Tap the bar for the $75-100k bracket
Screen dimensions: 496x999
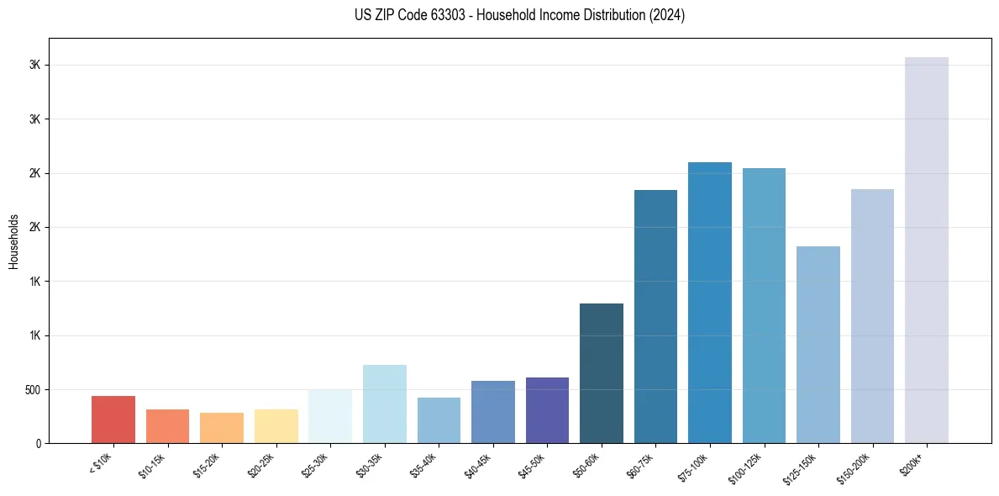[710, 303]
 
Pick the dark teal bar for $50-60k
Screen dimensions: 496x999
[602, 373]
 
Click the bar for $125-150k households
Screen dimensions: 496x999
[818, 345]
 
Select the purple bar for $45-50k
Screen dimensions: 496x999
[547, 410]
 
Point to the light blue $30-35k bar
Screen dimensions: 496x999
[385, 404]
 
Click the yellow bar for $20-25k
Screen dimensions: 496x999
[276, 426]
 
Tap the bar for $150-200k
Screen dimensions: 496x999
[872, 316]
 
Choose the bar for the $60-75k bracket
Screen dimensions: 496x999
[655, 316]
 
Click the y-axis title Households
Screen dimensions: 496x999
[13, 240]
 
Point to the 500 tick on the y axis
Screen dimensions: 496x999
[32, 389]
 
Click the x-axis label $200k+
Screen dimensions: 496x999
[912, 463]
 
